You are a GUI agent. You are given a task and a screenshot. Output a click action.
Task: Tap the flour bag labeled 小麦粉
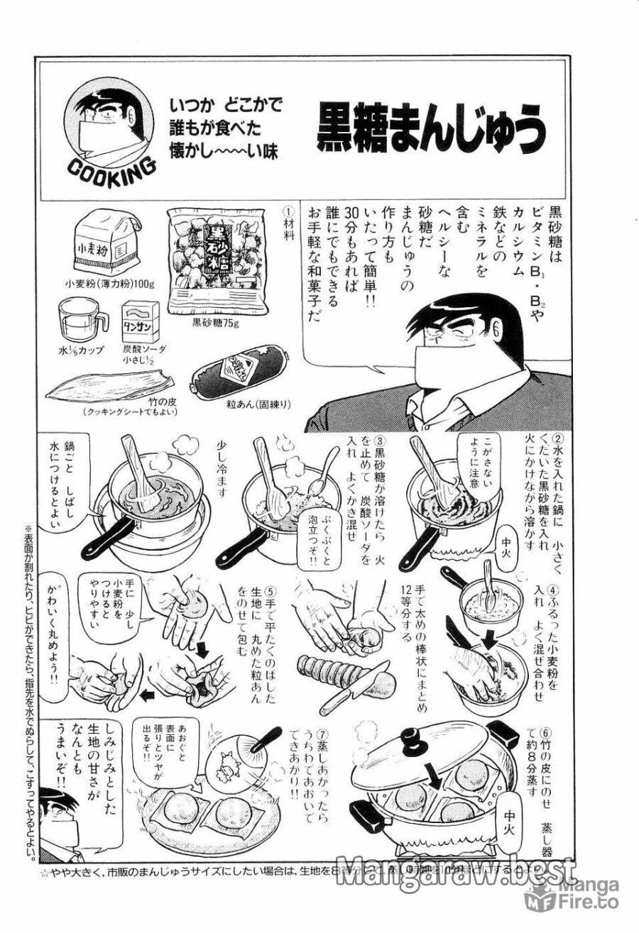pyautogui.click(x=106, y=245)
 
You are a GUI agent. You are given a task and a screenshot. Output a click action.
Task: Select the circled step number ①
pyautogui.click(x=288, y=211)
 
